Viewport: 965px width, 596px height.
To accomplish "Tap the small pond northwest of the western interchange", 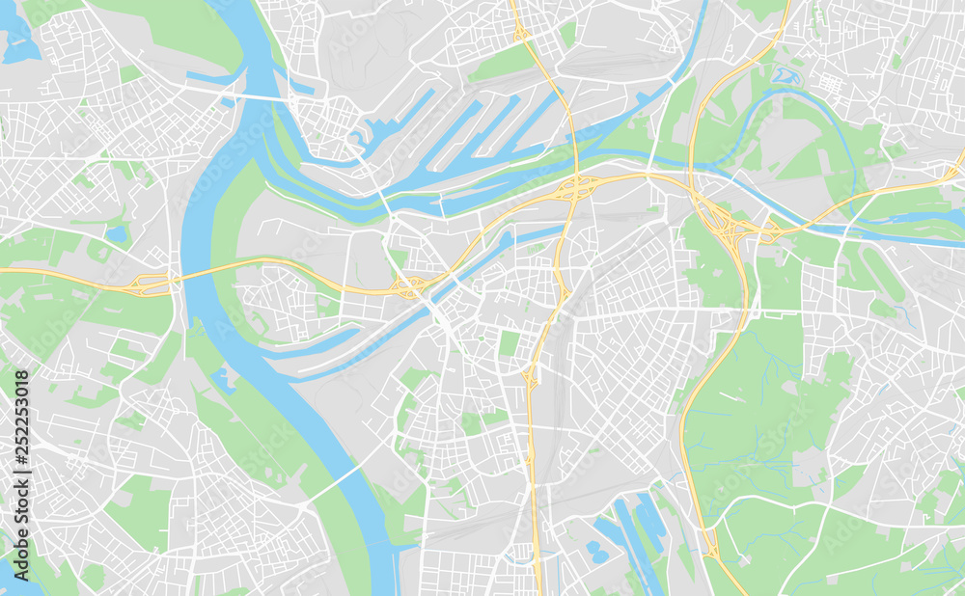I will click(x=117, y=234).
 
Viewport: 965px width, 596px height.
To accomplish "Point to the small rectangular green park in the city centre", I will click(x=509, y=343).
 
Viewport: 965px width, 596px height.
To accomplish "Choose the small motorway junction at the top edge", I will click(x=521, y=34).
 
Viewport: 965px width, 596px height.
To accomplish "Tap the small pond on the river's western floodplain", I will click(x=225, y=379).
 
